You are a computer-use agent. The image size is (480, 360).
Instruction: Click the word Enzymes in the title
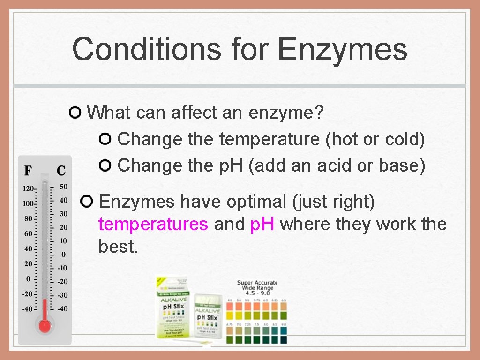pos(343,49)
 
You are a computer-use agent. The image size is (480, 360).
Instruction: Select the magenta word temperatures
pos(153,224)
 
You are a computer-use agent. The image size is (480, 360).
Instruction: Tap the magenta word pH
pos(262,224)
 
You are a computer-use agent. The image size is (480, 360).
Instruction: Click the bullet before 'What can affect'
pos(75,112)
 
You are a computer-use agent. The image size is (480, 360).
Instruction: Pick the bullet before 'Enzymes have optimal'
pos(87,202)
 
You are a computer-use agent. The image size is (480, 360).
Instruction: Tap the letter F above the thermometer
pos(28,171)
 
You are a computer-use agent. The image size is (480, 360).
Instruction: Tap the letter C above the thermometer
pos(61,171)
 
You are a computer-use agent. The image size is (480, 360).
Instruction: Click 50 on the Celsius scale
pos(63,187)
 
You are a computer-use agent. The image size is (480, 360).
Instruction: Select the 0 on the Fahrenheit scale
pos(28,278)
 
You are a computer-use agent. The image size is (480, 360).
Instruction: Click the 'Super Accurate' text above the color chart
pos(257,283)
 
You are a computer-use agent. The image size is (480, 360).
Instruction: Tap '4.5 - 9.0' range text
pos(257,293)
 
